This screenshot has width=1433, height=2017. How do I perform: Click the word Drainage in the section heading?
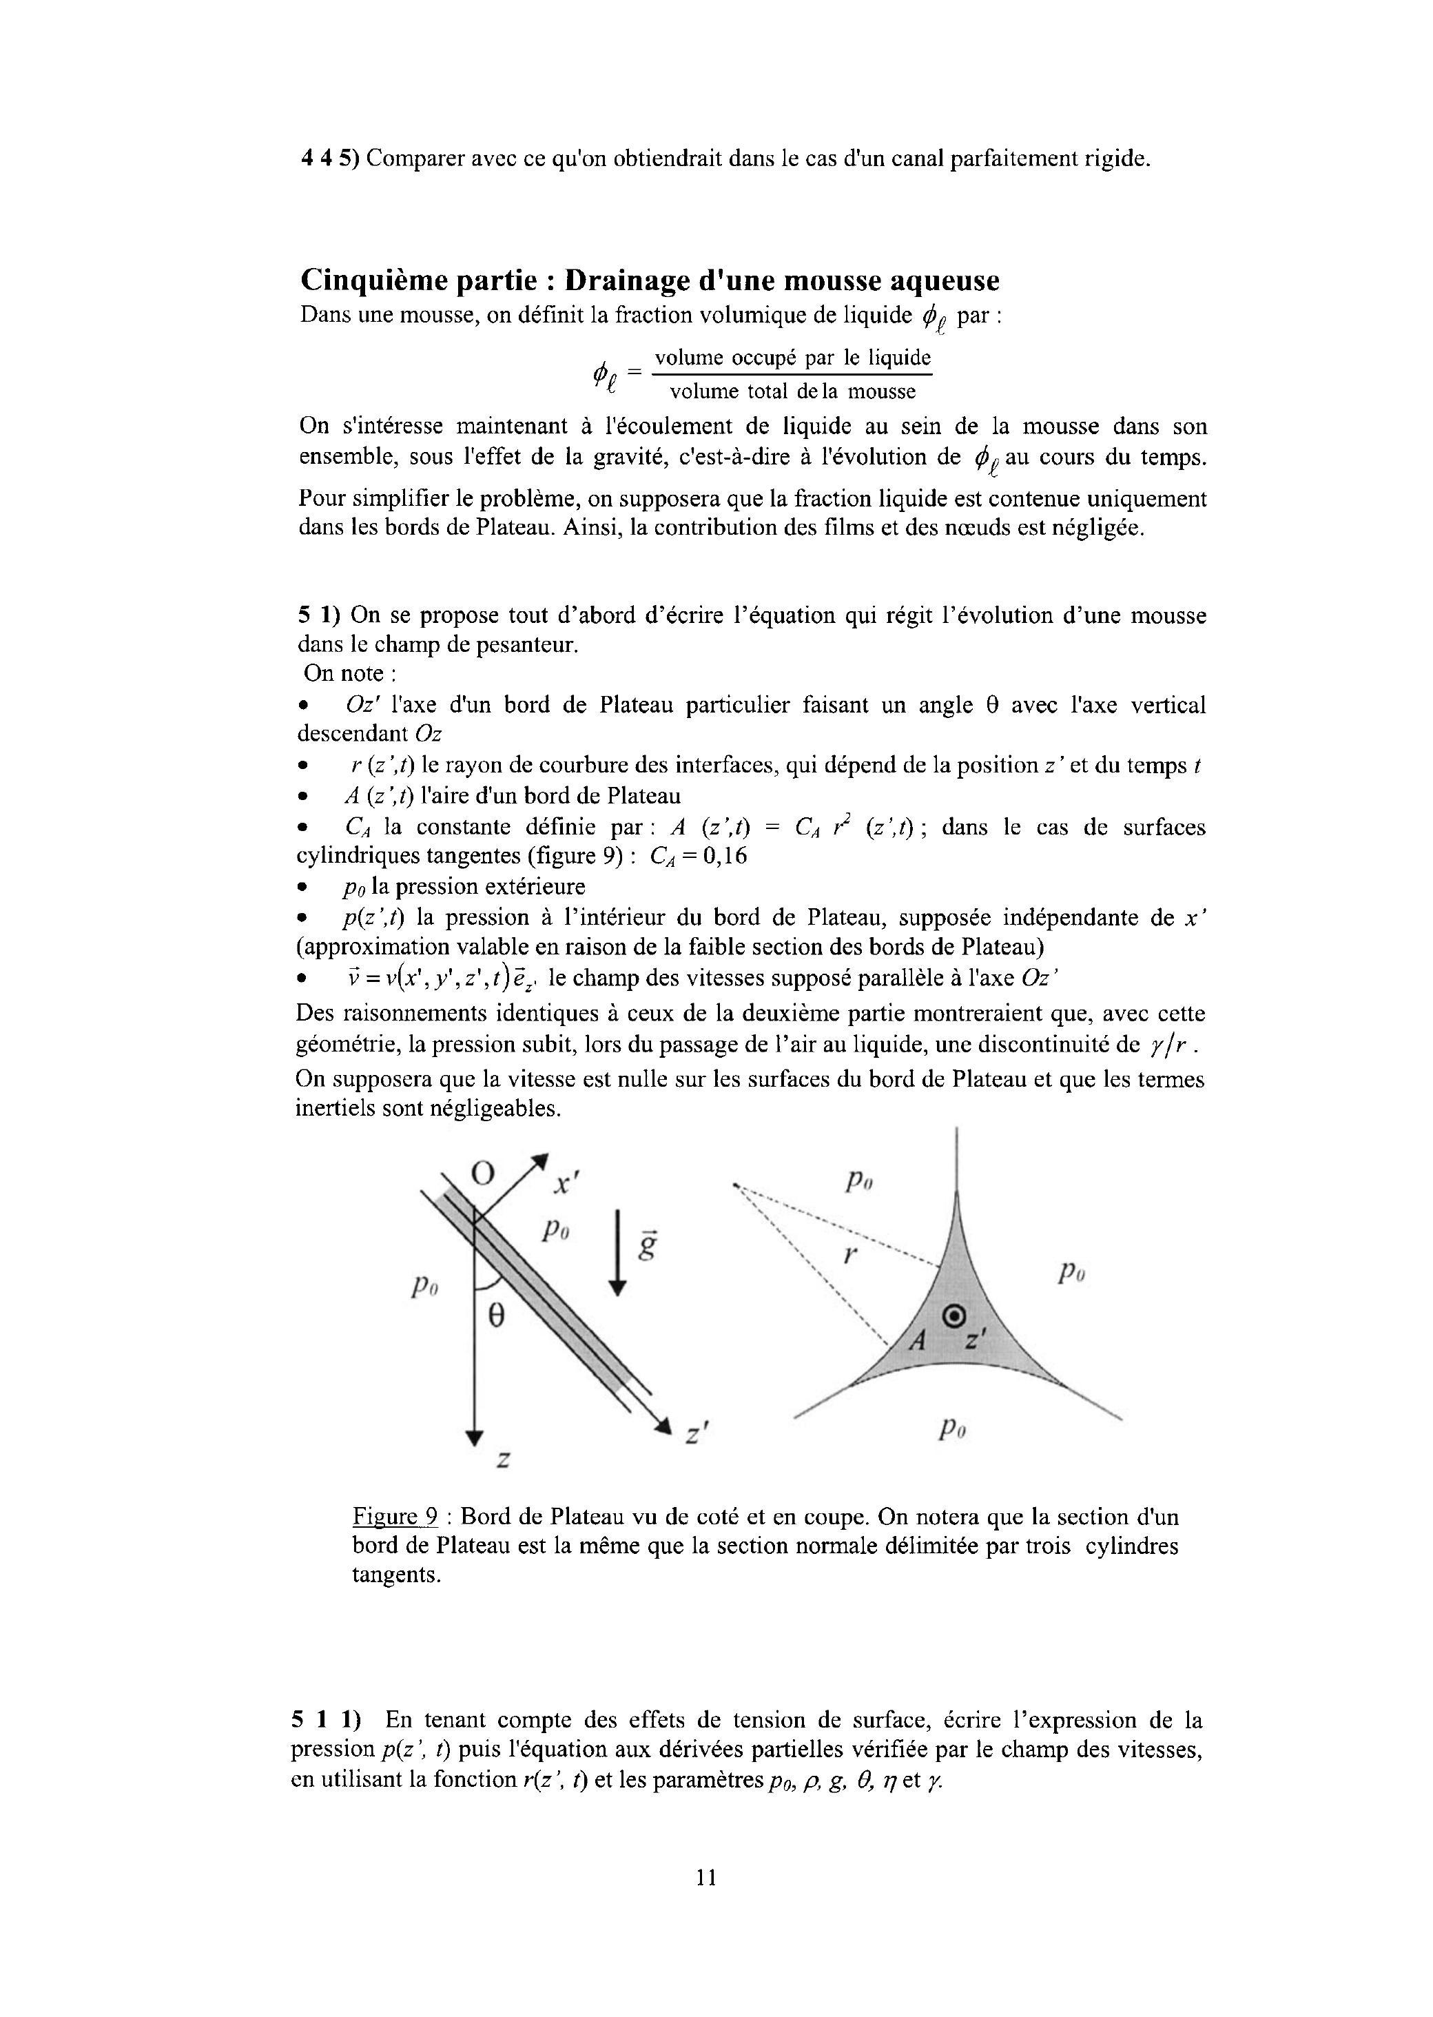tap(624, 280)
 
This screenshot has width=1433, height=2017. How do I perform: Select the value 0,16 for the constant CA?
tap(725, 857)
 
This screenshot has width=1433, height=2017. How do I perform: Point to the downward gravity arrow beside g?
tap(618, 1253)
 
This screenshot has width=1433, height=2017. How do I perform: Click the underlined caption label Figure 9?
tap(395, 1517)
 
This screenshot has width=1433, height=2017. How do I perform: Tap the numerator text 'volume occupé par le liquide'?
tap(792, 358)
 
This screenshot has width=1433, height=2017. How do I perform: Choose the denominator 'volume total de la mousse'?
tap(792, 391)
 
